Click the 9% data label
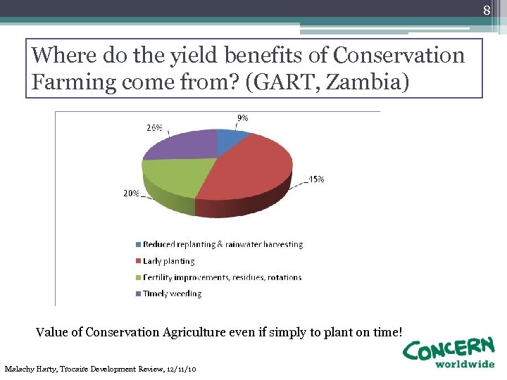tap(241, 118)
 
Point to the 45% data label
tap(316, 179)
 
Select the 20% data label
tap(132, 194)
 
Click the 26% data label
tap(154, 128)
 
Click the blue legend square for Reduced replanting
tap(138, 245)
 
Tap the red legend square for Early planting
tap(138, 261)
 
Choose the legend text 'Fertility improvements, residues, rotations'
tap(222, 277)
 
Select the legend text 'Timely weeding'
tap(172, 293)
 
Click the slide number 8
tap(486, 10)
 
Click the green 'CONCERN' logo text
tap(449, 348)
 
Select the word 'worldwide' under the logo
tap(464, 365)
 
